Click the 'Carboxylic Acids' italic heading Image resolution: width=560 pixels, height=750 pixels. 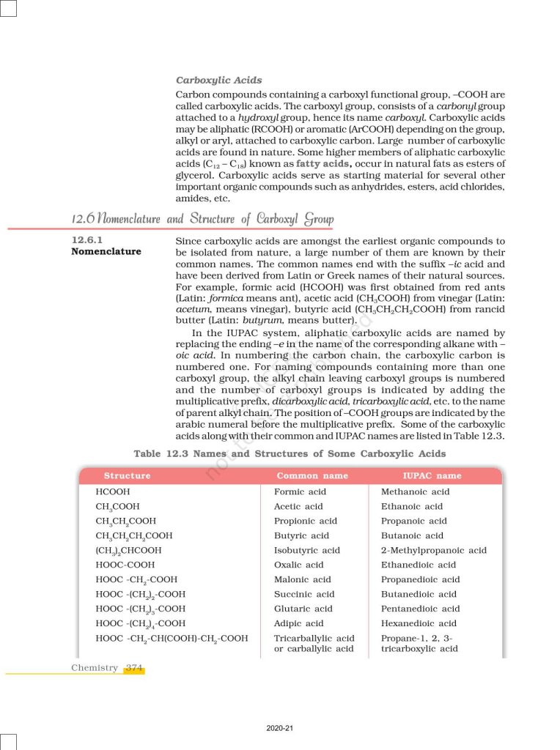coord(218,80)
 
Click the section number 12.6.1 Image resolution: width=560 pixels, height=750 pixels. coord(89,241)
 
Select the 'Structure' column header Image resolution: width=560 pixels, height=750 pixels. coord(127,476)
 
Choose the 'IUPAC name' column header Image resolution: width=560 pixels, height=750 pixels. coord(432,476)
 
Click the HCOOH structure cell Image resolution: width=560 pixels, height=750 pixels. coord(113,492)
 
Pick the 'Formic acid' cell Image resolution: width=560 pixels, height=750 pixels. coord(300,492)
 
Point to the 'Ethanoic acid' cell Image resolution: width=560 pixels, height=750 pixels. coord(411,507)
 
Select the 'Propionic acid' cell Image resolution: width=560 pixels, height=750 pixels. coord(305,521)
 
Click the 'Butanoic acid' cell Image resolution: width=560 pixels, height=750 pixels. coord(412,536)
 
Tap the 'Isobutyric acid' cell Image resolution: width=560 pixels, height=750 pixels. coord(306,551)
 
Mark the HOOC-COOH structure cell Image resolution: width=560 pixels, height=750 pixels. coord(125,565)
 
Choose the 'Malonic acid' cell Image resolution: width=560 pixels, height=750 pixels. coord(302,580)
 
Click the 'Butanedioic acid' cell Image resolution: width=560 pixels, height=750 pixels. coord(419,595)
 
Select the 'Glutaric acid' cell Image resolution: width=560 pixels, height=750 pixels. coord(303,609)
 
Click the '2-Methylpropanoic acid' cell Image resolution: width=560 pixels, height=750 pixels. coord(433,551)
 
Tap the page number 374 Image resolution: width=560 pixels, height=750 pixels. coord(133,668)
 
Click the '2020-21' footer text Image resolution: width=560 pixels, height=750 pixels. coord(279,728)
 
